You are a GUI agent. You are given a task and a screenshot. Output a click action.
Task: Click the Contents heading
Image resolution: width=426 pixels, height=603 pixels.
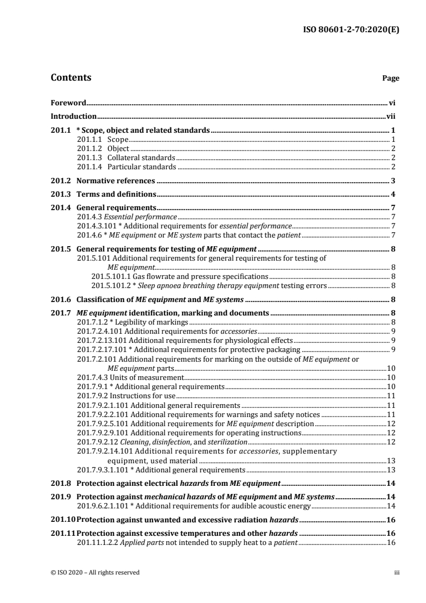70,77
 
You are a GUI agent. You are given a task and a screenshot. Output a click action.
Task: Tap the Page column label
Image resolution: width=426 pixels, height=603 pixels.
391,78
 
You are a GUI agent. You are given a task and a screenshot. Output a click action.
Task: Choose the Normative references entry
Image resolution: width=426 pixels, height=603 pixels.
116,181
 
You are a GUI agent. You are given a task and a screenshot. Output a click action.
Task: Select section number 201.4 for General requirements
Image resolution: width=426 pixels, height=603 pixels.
61,207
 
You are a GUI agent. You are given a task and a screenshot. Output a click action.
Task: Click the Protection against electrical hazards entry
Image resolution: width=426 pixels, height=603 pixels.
179,483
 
